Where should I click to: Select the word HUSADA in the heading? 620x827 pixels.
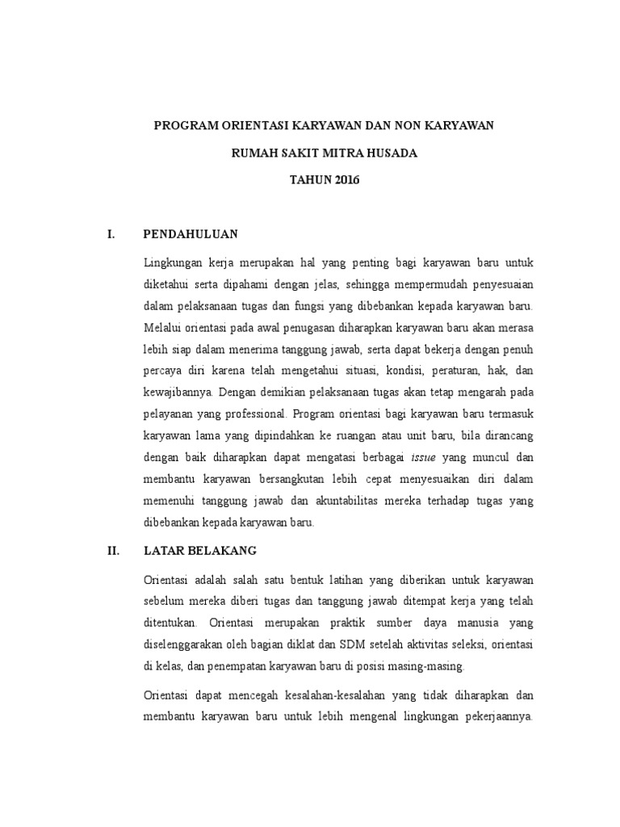(x=390, y=153)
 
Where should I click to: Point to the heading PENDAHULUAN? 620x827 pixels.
(x=191, y=234)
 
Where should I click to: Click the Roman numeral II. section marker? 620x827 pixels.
(x=114, y=551)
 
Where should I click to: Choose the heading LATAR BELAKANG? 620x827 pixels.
(x=199, y=551)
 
